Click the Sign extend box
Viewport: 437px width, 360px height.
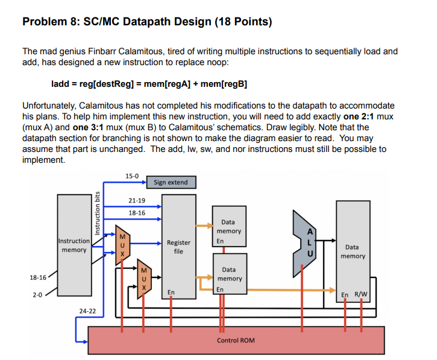coord(171,182)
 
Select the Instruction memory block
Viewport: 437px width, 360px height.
coord(74,245)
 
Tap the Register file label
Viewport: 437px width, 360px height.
coord(178,247)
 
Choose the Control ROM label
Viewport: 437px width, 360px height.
coord(236,341)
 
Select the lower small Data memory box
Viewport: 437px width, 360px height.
coord(229,274)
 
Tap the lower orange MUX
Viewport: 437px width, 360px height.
coord(144,278)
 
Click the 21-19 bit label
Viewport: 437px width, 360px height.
coord(137,200)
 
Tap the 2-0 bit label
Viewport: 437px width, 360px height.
coord(38,295)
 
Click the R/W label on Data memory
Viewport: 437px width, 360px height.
coord(361,294)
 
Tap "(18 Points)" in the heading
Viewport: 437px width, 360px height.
coord(244,23)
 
